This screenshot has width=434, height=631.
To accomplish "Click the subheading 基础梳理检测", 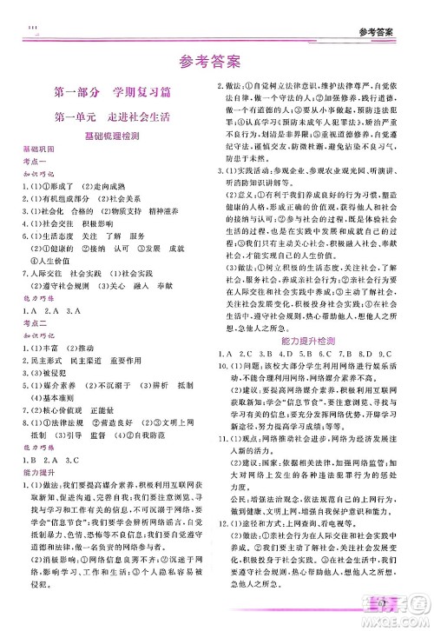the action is [108, 136].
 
